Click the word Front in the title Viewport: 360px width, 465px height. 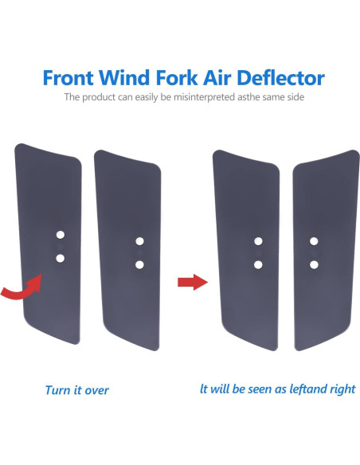point(70,78)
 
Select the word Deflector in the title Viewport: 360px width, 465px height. point(279,78)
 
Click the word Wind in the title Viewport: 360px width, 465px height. point(126,78)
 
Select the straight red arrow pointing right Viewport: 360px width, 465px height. point(189,281)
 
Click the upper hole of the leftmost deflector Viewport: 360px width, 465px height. point(59,236)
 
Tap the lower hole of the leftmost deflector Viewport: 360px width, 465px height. point(59,257)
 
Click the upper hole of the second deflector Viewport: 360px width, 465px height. point(139,240)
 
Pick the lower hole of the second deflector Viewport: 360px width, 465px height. point(139,264)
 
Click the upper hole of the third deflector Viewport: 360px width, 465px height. point(258,240)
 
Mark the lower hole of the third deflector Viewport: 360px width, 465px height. point(258,264)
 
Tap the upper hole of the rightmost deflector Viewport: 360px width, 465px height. point(314,240)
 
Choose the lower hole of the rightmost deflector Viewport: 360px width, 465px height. point(314,264)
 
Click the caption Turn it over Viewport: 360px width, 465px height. point(77,390)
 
